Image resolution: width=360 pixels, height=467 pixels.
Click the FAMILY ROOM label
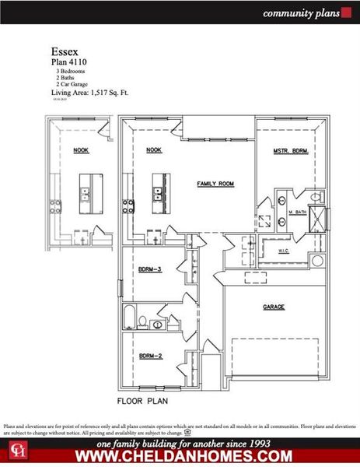tap(215, 184)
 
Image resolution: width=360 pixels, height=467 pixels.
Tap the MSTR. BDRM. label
tap(292, 150)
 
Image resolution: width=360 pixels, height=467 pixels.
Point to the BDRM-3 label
tap(150, 269)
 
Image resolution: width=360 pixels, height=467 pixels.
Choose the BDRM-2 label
tap(150, 356)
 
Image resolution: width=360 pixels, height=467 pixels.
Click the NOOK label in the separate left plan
tap(80, 150)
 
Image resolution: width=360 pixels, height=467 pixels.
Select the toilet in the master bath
tap(316, 196)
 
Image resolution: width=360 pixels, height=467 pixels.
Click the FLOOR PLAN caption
tap(142, 402)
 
